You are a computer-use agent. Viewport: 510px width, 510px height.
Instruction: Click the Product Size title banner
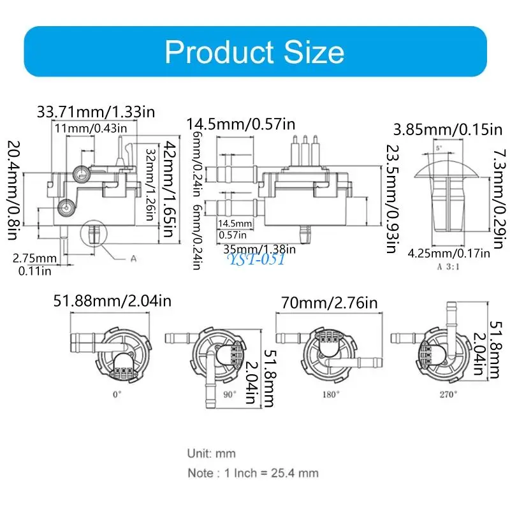(256, 52)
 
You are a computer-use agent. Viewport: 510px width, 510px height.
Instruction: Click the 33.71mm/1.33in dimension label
(96, 112)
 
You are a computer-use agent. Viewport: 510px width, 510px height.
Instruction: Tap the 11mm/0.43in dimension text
(91, 128)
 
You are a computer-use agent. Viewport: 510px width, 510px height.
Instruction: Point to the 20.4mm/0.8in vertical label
(13, 190)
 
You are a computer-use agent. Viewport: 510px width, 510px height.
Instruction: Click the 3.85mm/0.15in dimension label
(448, 129)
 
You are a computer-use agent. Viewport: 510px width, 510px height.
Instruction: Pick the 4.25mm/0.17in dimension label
(449, 253)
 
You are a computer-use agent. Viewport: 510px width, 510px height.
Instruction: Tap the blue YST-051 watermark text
(257, 259)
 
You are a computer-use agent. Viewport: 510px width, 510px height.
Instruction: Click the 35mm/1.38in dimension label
(259, 249)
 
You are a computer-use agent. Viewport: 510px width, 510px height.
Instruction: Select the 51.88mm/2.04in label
(113, 301)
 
